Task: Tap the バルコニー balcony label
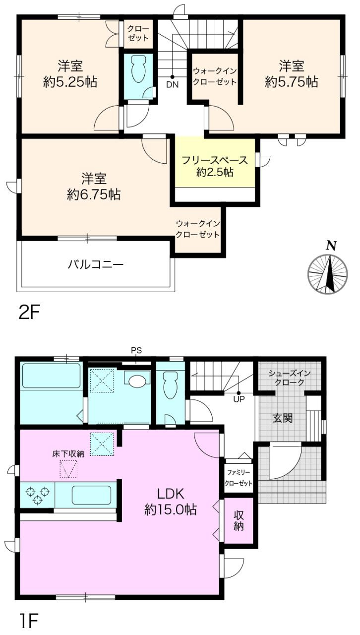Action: click(x=96, y=263)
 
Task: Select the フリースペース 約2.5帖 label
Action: click(x=214, y=167)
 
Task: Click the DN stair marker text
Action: click(x=172, y=84)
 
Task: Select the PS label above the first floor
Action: click(x=136, y=350)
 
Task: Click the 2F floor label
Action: click(x=28, y=313)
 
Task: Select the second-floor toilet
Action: click(x=137, y=70)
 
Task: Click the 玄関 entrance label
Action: click(x=282, y=418)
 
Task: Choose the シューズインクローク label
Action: click(x=290, y=379)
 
